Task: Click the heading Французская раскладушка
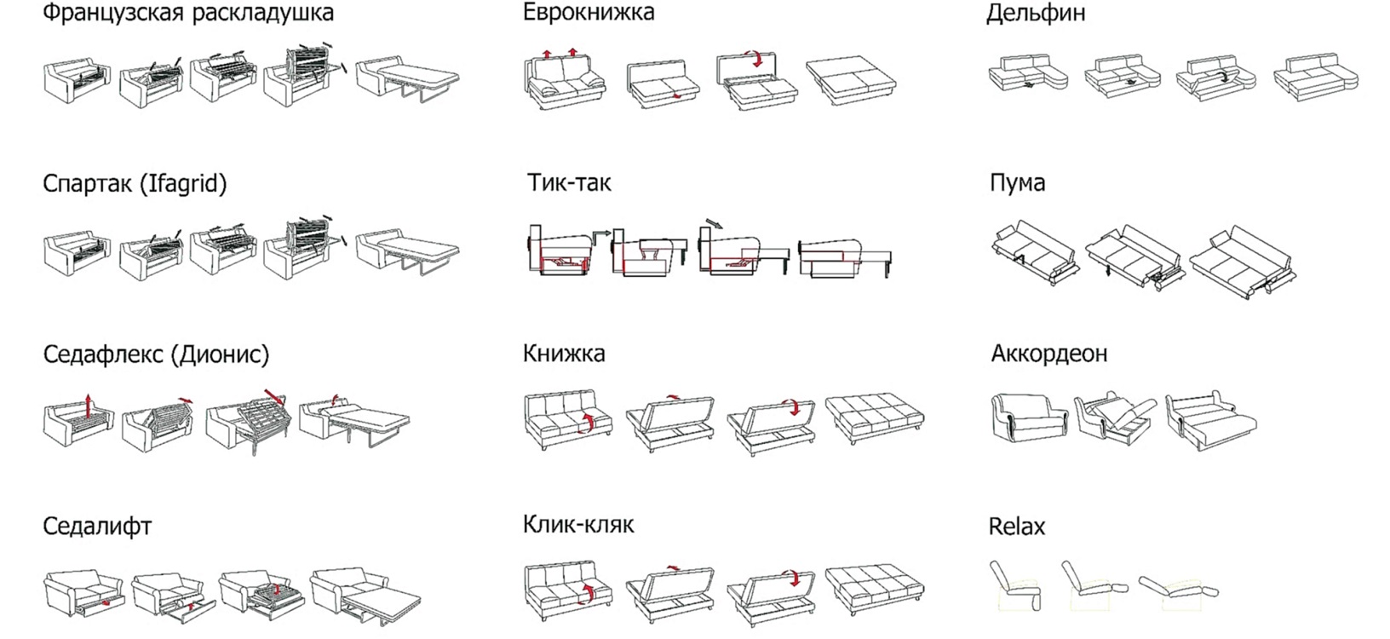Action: pos(188,14)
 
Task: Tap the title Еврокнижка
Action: pos(589,13)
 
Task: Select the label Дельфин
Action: pos(1036,14)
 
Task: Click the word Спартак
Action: pos(85,184)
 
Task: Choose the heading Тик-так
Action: pos(569,183)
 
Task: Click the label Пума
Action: pos(1017,183)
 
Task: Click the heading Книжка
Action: pos(564,354)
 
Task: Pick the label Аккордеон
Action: pos(1049,354)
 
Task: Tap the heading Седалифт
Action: pos(97,526)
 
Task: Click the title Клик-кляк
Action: pos(578,524)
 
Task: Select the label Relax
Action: pos(1016,526)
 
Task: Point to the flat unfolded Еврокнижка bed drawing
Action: pos(851,81)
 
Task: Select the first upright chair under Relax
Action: pos(1015,584)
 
